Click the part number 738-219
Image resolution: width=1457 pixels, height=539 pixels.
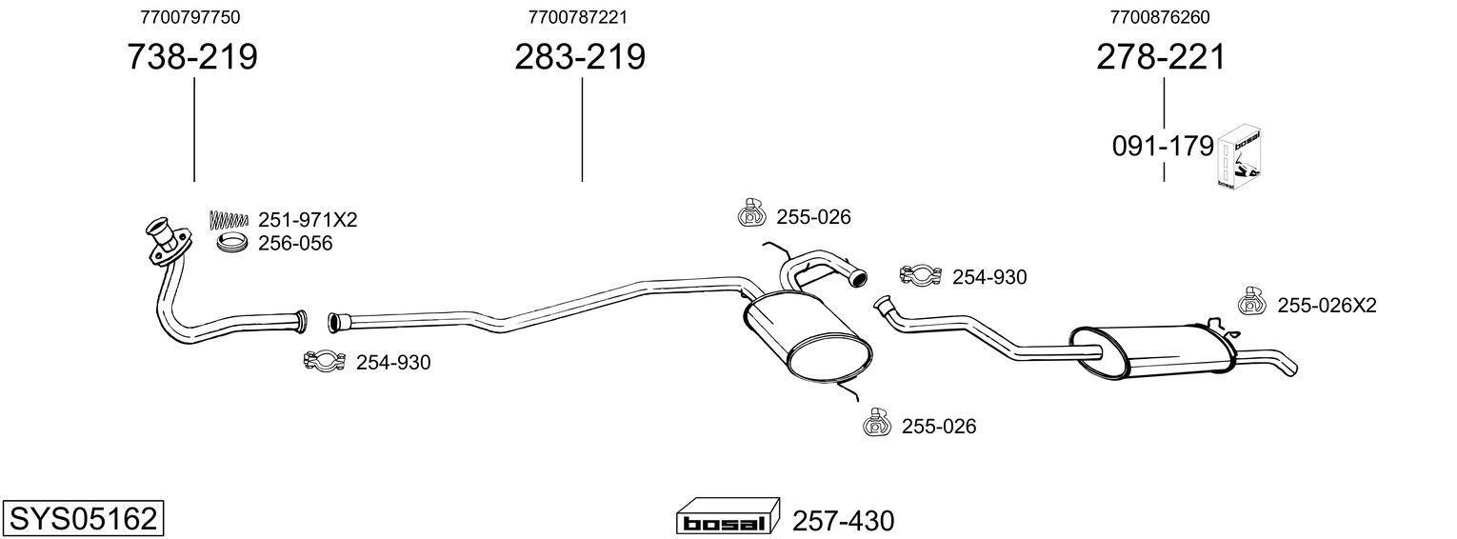click(x=192, y=57)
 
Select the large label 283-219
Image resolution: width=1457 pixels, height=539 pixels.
click(x=580, y=57)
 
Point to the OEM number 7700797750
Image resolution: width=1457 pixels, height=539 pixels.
click(x=190, y=17)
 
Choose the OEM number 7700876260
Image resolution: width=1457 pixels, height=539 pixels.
click(x=1160, y=17)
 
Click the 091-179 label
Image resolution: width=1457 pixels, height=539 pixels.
click(x=1163, y=147)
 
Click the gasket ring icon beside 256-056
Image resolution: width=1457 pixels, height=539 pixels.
click(x=232, y=244)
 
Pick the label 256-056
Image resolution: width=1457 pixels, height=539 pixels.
click(x=295, y=244)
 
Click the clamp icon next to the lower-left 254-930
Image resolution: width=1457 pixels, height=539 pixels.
click(x=323, y=361)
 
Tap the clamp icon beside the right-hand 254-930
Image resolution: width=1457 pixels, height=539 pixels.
click(x=920, y=276)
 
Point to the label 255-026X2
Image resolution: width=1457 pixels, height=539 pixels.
click(x=1326, y=306)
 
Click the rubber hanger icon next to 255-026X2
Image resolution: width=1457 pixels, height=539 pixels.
click(x=1251, y=302)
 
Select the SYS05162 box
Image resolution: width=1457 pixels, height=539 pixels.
click(x=82, y=519)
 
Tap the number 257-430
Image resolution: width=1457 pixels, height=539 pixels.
click(x=843, y=521)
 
